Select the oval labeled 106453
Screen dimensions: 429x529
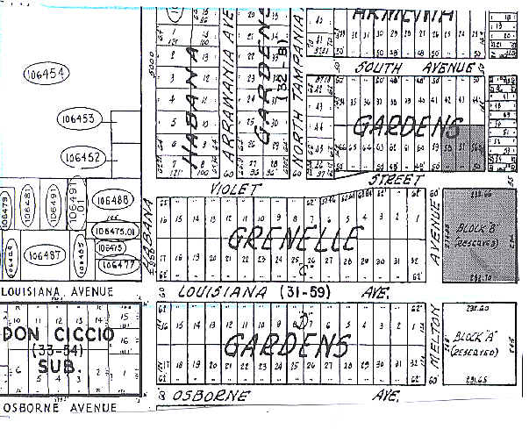click(x=79, y=118)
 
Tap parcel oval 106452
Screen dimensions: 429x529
click(x=82, y=158)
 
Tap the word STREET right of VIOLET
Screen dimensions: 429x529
click(x=390, y=178)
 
